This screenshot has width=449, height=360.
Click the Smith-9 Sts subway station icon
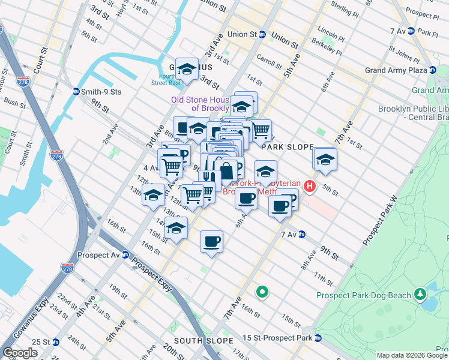[76, 92]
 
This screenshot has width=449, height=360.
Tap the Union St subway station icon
[262, 35]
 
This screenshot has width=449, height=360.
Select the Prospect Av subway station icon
[125, 254]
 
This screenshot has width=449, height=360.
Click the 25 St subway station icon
[56, 342]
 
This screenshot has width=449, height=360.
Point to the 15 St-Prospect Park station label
[277, 338]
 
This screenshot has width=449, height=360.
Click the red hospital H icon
[310, 186]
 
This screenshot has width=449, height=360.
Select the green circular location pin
[262, 293]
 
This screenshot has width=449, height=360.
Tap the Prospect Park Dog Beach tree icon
[421, 295]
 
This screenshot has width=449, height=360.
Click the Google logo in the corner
[20, 353]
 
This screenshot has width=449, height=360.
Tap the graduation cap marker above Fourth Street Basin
[187, 69]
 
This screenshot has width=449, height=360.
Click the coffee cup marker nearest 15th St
[211, 242]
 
